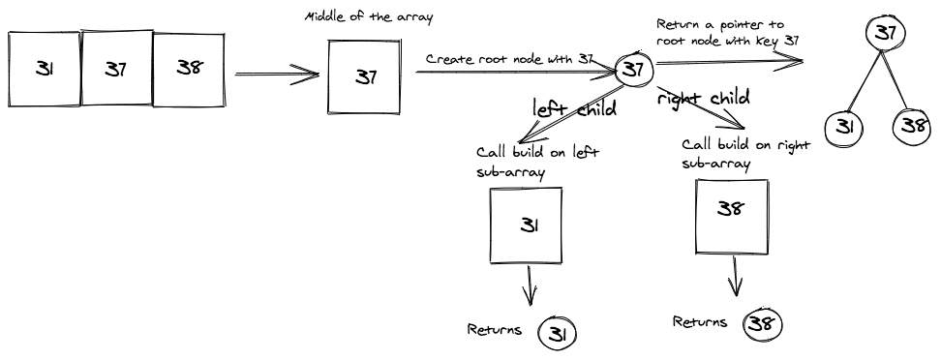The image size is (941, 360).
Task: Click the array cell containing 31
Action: point(45,69)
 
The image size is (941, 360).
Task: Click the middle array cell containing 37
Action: point(116,69)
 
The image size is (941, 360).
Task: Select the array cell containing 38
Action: point(190,69)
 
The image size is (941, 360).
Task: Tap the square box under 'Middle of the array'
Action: point(365,75)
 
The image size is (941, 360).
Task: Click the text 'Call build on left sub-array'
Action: point(537,161)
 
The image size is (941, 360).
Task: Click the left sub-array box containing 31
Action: point(528,225)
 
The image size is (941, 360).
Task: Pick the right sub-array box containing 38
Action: point(733,217)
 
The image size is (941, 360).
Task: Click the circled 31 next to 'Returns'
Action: point(558,333)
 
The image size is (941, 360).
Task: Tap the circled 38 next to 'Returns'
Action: point(762,323)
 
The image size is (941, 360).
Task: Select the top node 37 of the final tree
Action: point(883,34)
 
